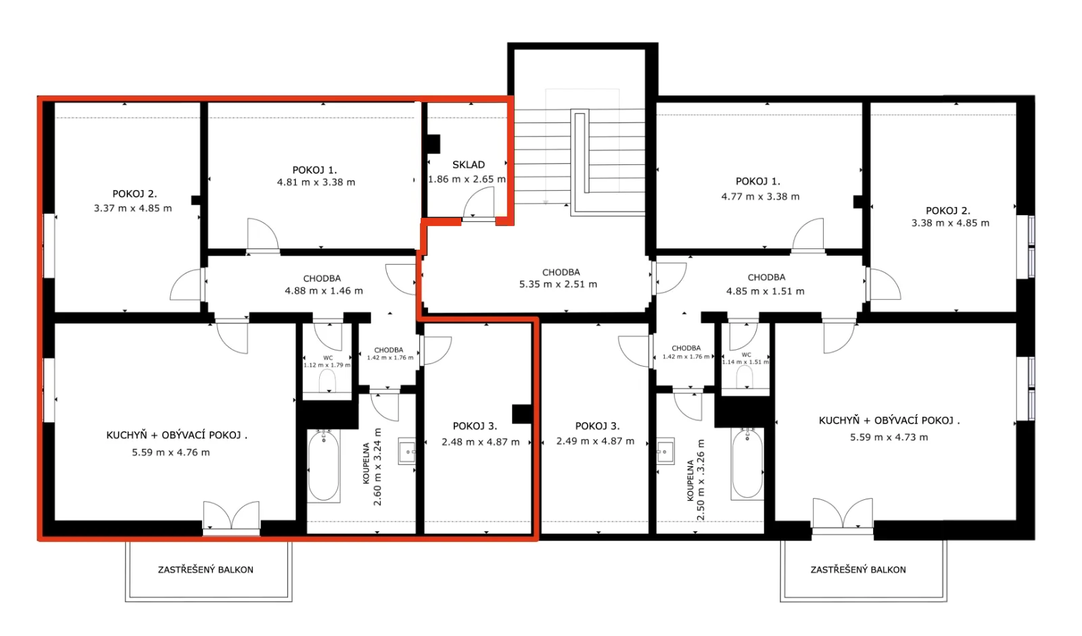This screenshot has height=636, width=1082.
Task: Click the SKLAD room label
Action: (x=469, y=165)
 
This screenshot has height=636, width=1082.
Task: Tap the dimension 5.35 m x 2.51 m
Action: (x=558, y=284)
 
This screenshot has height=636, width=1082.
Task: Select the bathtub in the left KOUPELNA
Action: (x=324, y=466)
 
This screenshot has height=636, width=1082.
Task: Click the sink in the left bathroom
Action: (x=406, y=451)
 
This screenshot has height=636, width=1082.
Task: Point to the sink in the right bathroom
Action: (x=665, y=451)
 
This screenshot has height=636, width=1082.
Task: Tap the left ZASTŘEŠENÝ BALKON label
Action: (x=206, y=570)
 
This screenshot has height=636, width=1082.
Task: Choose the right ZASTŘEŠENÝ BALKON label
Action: (x=858, y=570)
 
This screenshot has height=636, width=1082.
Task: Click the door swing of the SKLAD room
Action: (x=479, y=202)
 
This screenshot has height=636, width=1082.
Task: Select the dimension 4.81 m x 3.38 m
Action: (x=316, y=182)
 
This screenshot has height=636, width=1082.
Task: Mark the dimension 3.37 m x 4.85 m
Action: (x=133, y=208)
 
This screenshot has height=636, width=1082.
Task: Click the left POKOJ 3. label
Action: (x=475, y=426)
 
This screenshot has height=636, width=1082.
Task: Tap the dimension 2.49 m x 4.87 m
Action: (x=595, y=441)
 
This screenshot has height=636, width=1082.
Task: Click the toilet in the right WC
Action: (x=745, y=376)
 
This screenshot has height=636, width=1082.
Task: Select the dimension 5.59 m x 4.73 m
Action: (x=889, y=437)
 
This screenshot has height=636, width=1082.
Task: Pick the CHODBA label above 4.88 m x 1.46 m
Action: (x=322, y=278)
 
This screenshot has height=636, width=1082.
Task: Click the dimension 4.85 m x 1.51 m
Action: (x=766, y=292)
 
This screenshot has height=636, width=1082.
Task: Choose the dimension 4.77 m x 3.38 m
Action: (x=760, y=197)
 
